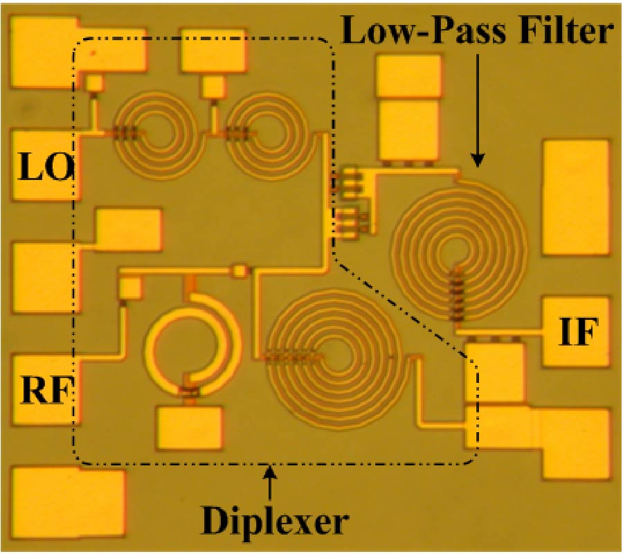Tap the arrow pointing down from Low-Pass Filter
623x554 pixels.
tap(477, 111)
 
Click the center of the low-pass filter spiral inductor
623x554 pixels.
tap(458, 249)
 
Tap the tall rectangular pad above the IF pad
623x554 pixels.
tap(577, 197)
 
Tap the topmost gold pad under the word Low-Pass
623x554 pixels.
tap(408, 76)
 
